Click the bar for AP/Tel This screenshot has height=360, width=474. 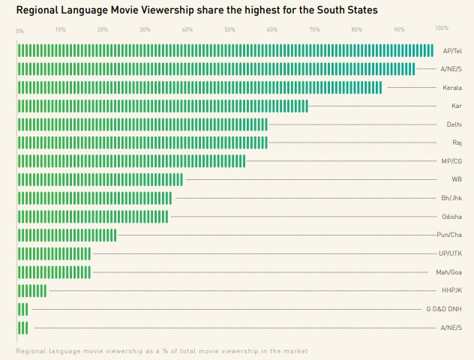coord(225,50)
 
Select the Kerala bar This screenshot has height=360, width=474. coord(199,88)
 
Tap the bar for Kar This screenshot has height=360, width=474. coord(163,106)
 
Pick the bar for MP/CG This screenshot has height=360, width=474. coord(131,161)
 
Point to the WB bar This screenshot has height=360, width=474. coord(100,179)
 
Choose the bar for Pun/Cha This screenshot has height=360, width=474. coord(67,235)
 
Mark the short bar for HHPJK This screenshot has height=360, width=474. coord(32,290)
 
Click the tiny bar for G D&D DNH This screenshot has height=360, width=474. coord(22,309)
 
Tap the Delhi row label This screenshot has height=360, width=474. coord(454,124)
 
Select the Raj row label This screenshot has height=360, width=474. coord(457,142)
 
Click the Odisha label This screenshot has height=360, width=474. coord(451,217)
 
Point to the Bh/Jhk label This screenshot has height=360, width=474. coord(451,198)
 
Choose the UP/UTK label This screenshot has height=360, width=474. coord(450,253)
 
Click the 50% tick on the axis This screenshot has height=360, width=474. coord(229,30)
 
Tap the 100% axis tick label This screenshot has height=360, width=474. coord(442,28)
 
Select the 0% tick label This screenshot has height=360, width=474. coord(19,31)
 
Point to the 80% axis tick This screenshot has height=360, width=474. coord(357,30)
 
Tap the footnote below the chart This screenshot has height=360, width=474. coord(161,350)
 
